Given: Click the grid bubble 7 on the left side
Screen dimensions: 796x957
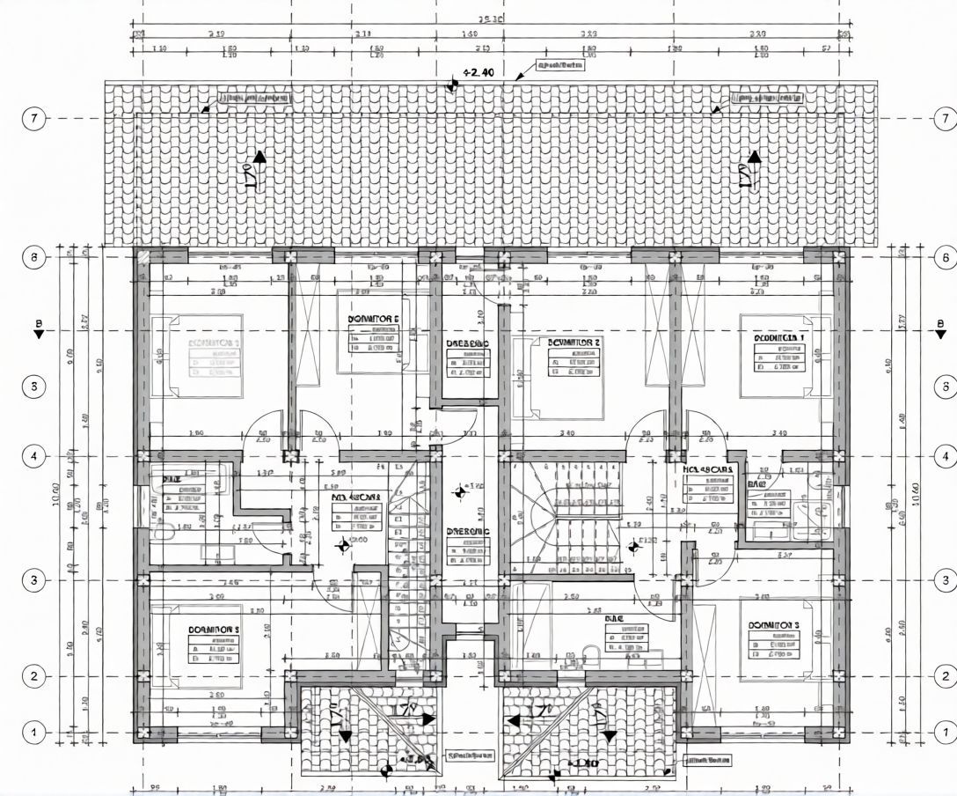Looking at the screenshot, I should [33, 118].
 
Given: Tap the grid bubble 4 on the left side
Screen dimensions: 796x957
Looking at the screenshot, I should [33, 456].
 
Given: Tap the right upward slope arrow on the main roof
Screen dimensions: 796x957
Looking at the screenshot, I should [754, 158].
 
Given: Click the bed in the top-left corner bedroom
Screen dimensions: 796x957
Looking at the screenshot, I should [205, 356].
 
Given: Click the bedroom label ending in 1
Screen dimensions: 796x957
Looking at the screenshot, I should [779, 337].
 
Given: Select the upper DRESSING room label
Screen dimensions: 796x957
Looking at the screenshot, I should [466, 343].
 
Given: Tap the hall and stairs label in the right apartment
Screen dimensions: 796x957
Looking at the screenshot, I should [707, 470].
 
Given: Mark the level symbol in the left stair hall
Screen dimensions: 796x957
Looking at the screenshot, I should [343, 546].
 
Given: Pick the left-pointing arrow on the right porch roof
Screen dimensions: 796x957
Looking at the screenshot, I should [512, 720].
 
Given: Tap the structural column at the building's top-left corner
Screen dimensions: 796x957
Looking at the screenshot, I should [142, 256].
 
